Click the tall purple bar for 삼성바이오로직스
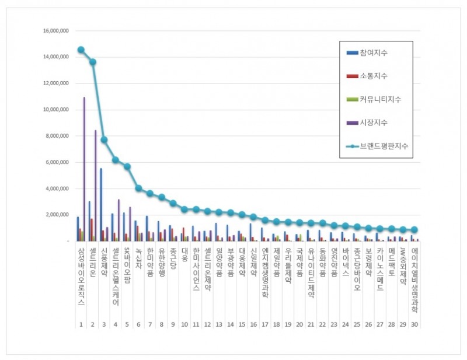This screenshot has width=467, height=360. [84, 169]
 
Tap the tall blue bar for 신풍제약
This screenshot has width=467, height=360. [100, 204]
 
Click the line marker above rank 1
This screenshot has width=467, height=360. [81, 50]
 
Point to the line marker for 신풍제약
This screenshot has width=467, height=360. [104, 139]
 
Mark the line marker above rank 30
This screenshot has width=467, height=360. [414, 230]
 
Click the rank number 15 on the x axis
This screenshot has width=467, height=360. [242, 324]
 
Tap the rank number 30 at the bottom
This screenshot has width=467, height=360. [414, 324]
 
